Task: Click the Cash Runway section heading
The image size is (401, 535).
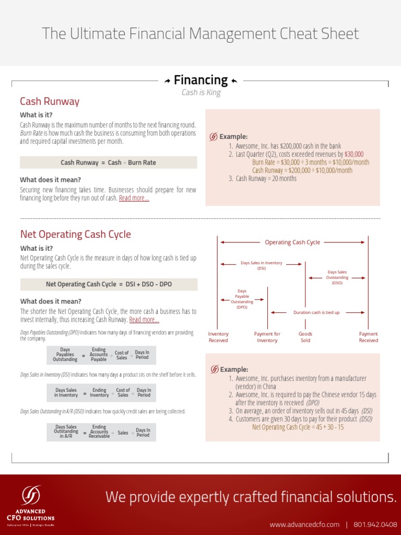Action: point(50,101)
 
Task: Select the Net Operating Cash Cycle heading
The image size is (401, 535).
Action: point(75,234)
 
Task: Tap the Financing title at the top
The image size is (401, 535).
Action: point(200,80)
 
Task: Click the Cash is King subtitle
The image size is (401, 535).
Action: point(201,92)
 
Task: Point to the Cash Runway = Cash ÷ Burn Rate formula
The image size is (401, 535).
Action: point(108,162)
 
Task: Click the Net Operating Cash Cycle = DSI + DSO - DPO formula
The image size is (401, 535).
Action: point(109,284)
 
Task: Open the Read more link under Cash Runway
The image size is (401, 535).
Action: point(134,198)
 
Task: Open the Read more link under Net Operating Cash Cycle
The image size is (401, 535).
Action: point(144,320)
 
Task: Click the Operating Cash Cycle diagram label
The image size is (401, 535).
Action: point(292,242)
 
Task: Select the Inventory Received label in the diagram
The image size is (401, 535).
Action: point(218,337)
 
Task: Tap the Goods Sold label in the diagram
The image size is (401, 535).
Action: point(305,337)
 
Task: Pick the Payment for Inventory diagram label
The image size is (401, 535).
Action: point(267,337)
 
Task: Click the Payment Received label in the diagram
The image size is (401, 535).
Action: point(368,337)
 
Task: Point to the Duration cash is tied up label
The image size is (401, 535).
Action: point(316,312)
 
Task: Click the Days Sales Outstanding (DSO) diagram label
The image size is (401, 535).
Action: point(337,277)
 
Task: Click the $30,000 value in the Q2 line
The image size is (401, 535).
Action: point(353,154)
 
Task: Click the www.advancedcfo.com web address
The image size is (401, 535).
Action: point(304,524)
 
